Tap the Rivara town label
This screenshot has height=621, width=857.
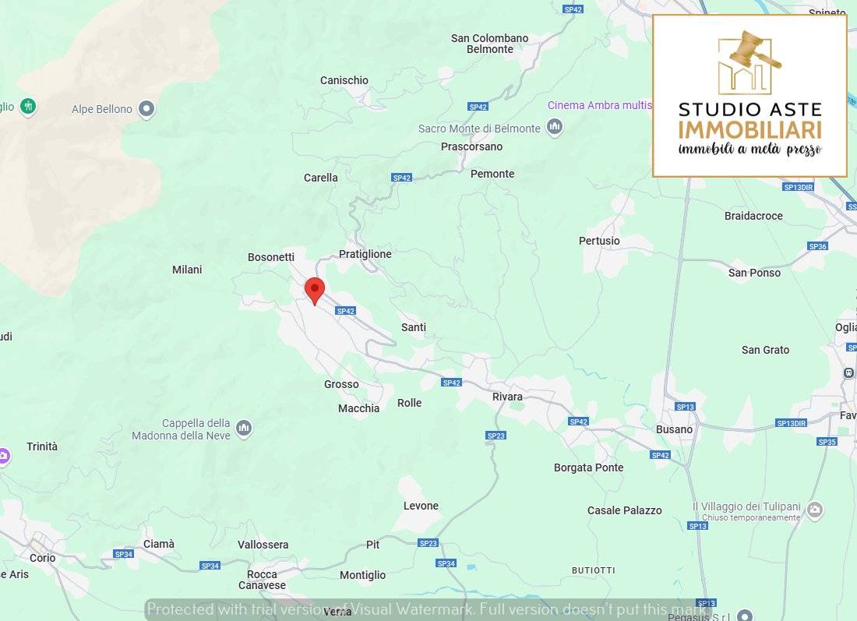[x=507, y=397]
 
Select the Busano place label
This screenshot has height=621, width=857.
[x=674, y=429]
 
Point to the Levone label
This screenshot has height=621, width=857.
[x=421, y=506]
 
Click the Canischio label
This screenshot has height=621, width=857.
[x=344, y=80]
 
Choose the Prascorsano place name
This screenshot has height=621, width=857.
[x=471, y=146]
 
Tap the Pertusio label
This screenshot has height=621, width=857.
[x=599, y=241]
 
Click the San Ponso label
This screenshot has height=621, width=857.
[x=754, y=273]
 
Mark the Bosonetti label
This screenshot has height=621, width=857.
[x=271, y=257]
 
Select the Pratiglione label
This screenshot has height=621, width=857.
[x=365, y=254]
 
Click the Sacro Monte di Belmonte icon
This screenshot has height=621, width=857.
[x=555, y=127]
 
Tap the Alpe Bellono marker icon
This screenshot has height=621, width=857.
[x=146, y=109]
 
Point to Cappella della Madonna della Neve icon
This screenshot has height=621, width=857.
[x=244, y=429]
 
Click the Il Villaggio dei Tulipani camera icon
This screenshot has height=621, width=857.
[x=814, y=510]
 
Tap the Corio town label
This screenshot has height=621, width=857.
[x=43, y=558]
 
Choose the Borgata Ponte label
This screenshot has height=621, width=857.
[x=588, y=468]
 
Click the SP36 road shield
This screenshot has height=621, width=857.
[x=817, y=246]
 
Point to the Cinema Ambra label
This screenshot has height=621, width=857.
[x=599, y=105]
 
